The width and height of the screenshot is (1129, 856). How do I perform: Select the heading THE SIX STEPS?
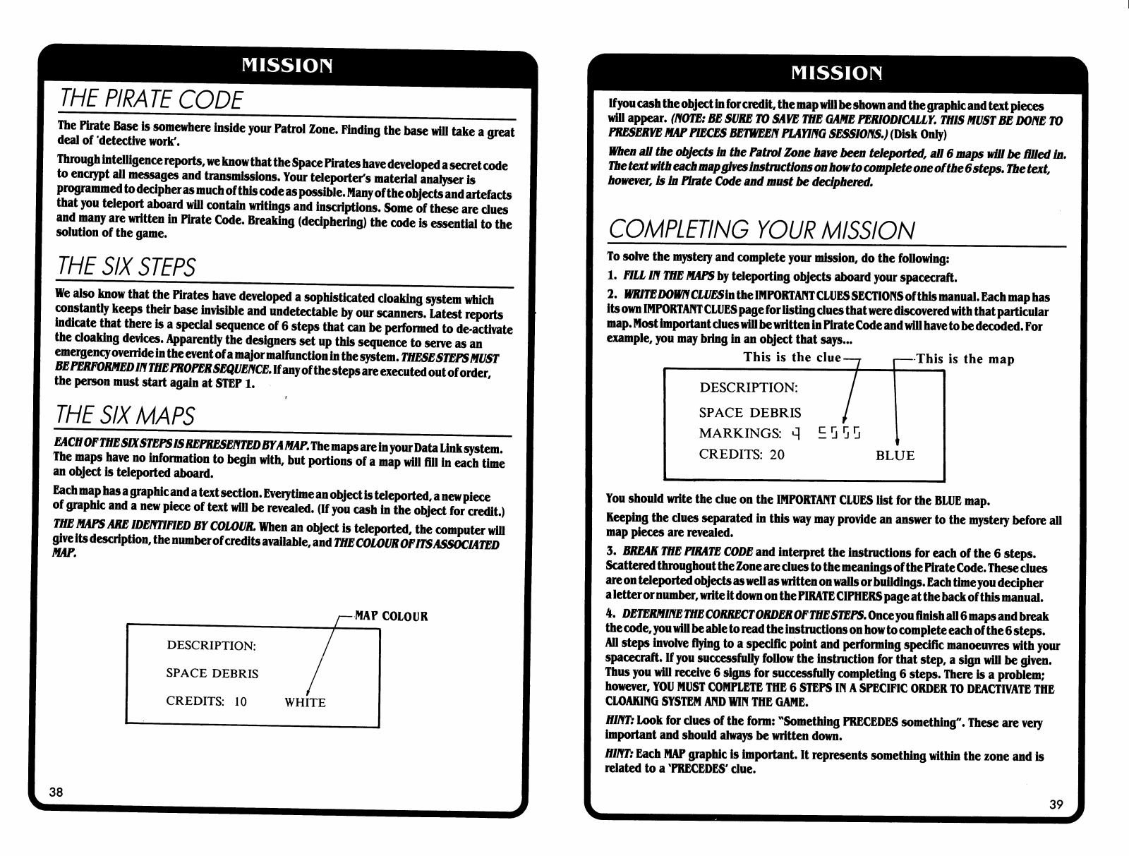[x=126, y=267]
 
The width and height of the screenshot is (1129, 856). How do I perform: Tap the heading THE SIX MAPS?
[x=125, y=415]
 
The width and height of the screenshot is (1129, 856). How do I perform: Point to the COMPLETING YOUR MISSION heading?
[x=761, y=230]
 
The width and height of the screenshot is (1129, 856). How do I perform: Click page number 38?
[x=56, y=792]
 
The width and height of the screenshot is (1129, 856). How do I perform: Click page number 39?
[x=1056, y=804]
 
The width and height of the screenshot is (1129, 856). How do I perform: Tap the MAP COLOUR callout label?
[x=391, y=616]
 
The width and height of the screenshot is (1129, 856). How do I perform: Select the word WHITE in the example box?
[x=305, y=703]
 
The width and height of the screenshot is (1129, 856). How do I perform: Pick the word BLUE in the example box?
[x=895, y=456]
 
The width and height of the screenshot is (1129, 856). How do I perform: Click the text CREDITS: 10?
[x=206, y=701]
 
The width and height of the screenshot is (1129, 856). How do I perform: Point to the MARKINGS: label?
[x=739, y=433]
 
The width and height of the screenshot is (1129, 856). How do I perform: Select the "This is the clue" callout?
[x=792, y=357]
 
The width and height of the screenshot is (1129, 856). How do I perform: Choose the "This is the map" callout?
[x=965, y=358]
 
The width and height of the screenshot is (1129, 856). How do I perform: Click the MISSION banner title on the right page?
[x=837, y=73]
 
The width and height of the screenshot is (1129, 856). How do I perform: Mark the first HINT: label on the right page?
[x=620, y=723]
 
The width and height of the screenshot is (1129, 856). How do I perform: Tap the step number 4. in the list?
[x=611, y=615]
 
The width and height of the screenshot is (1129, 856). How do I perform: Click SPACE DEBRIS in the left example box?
[x=212, y=673]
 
